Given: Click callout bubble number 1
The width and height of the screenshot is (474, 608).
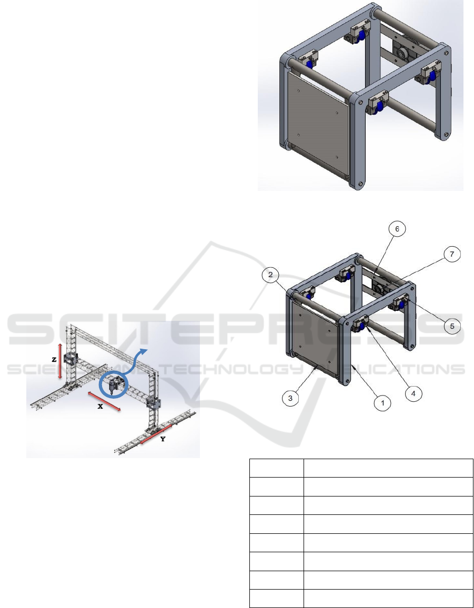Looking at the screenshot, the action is [x=383, y=402].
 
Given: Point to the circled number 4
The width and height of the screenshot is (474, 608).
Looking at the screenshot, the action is [x=413, y=393].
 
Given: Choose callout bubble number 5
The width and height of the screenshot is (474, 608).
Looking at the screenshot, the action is [x=452, y=326].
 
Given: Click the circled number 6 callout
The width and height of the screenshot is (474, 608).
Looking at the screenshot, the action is [x=397, y=229].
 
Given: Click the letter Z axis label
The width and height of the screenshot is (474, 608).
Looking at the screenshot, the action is [x=54, y=359].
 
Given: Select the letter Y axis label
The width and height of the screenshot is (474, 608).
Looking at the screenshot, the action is [x=163, y=439].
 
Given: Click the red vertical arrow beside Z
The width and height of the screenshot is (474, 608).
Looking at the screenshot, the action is [x=59, y=361].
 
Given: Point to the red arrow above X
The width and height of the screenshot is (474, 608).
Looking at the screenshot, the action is [x=104, y=401].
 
